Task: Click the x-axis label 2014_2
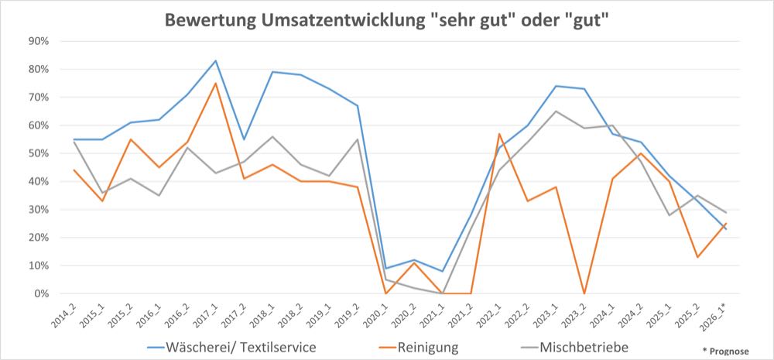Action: pyautogui.click(x=65, y=314)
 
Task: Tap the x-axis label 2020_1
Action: pyautogui.click(x=377, y=314)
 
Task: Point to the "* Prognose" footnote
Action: pyautogui.click(x=725, y=351)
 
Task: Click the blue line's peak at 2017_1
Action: pyautogui.click(x=215, y=60)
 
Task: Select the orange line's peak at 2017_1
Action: pyautogui.click(x=215, y=83)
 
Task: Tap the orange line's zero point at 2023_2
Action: pyautogui.click(x=584, y=293)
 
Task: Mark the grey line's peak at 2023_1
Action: pyautogui.click(x=556, y=111)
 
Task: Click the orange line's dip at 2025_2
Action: pyautogui.click(x=698, y=257)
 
